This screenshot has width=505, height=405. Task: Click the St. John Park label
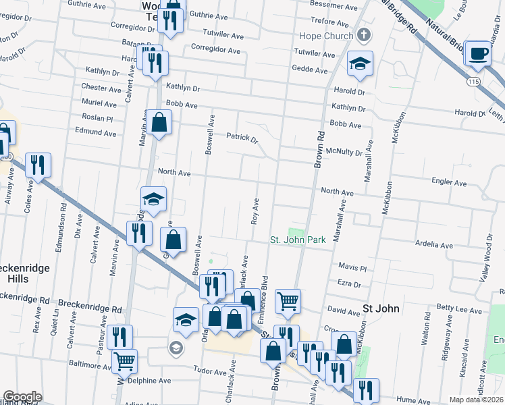[298, 240]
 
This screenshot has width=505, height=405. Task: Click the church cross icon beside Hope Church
[364, 35]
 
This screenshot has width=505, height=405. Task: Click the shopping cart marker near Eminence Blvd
[288, 301]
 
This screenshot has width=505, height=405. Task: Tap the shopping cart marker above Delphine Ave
[124, 360]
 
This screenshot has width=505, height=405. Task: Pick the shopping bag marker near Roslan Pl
[159, 122]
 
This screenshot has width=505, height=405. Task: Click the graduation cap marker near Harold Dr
[360, 63]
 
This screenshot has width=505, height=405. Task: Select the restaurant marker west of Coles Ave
[38, 165]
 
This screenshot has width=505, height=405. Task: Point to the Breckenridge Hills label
[26, 273]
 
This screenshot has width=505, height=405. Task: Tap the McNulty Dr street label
[344, 153]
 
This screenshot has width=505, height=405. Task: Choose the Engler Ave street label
[450, 183]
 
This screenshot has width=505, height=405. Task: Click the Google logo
[22, 397]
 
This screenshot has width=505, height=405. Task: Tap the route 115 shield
[473, 81]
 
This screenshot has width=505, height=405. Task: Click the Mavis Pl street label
[352, 267]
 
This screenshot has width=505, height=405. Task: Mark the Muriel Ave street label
[100, 103]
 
